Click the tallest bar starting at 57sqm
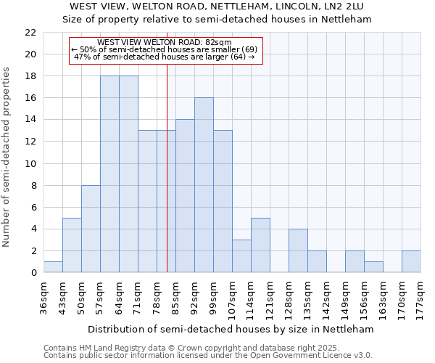pyautogui.click(x=109, y=174)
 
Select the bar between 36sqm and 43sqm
pyautogui.click(x=53, y=267)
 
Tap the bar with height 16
pyautogui.click(x=204, y=185)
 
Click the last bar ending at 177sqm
pyautogui.click(x=411, y=261)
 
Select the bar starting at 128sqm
pyautogui.click(x=298, y=250)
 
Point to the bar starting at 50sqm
pyautogui.click(x=91, y=229)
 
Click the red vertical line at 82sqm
pyautogui.click(x=167, y=181)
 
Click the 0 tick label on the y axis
pyautogui.click(x=33, y=273)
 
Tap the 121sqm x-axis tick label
pyautogui.click(x=270, y=296)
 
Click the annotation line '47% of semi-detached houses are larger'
pyautogui.click(x=165, y=57)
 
